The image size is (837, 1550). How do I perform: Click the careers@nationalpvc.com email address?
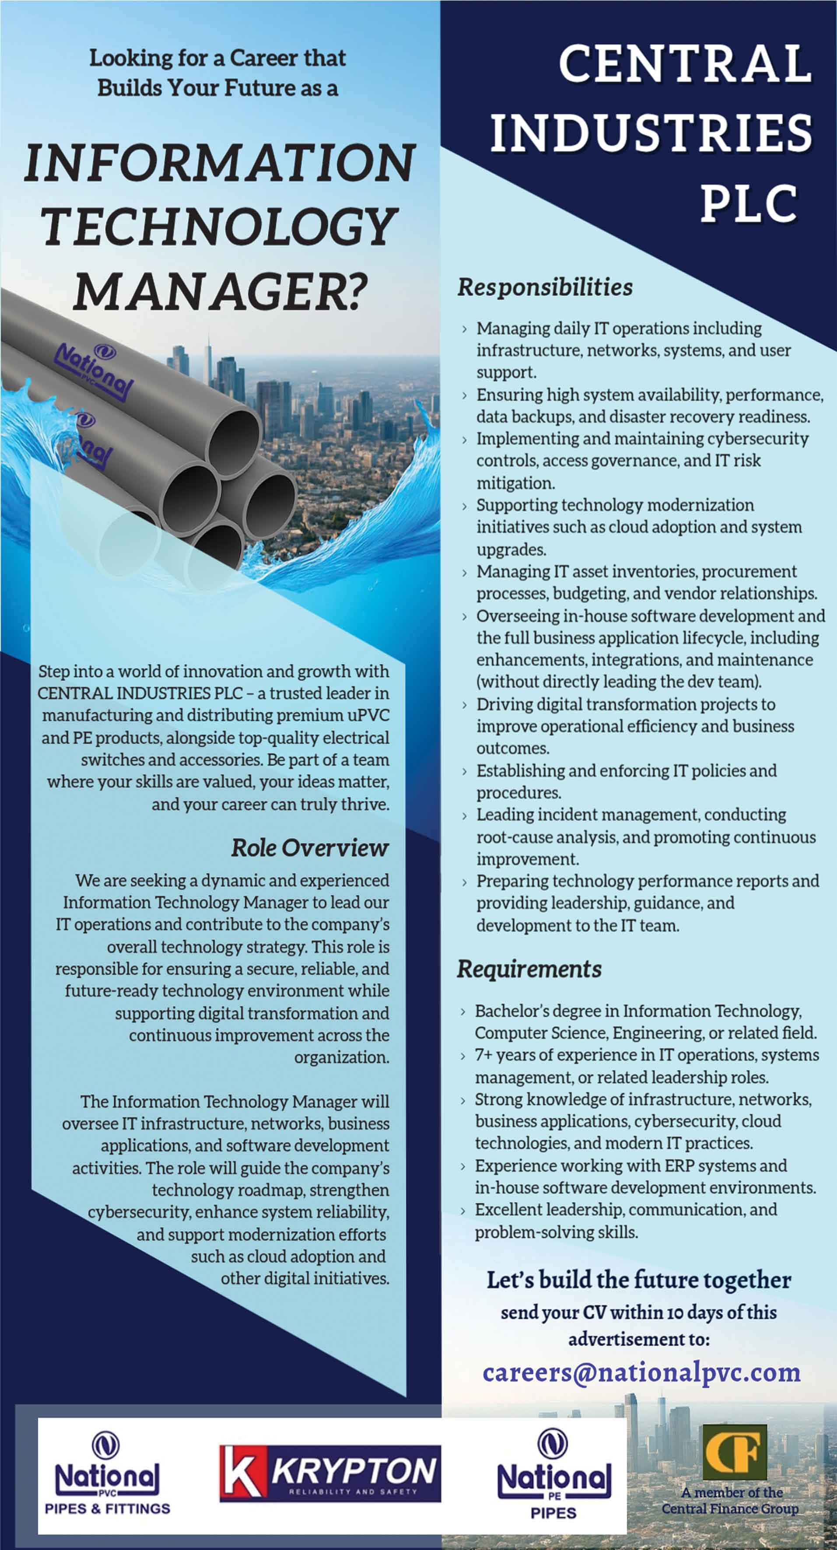641,1372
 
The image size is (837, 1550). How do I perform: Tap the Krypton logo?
330,1473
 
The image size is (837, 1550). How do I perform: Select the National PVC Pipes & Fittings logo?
107,1473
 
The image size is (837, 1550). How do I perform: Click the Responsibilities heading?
545,287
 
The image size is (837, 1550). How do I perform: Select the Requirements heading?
529,969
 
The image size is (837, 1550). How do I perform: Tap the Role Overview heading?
310,847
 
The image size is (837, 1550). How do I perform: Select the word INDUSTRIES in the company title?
651,133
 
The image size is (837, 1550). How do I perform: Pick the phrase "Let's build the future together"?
638,1280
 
